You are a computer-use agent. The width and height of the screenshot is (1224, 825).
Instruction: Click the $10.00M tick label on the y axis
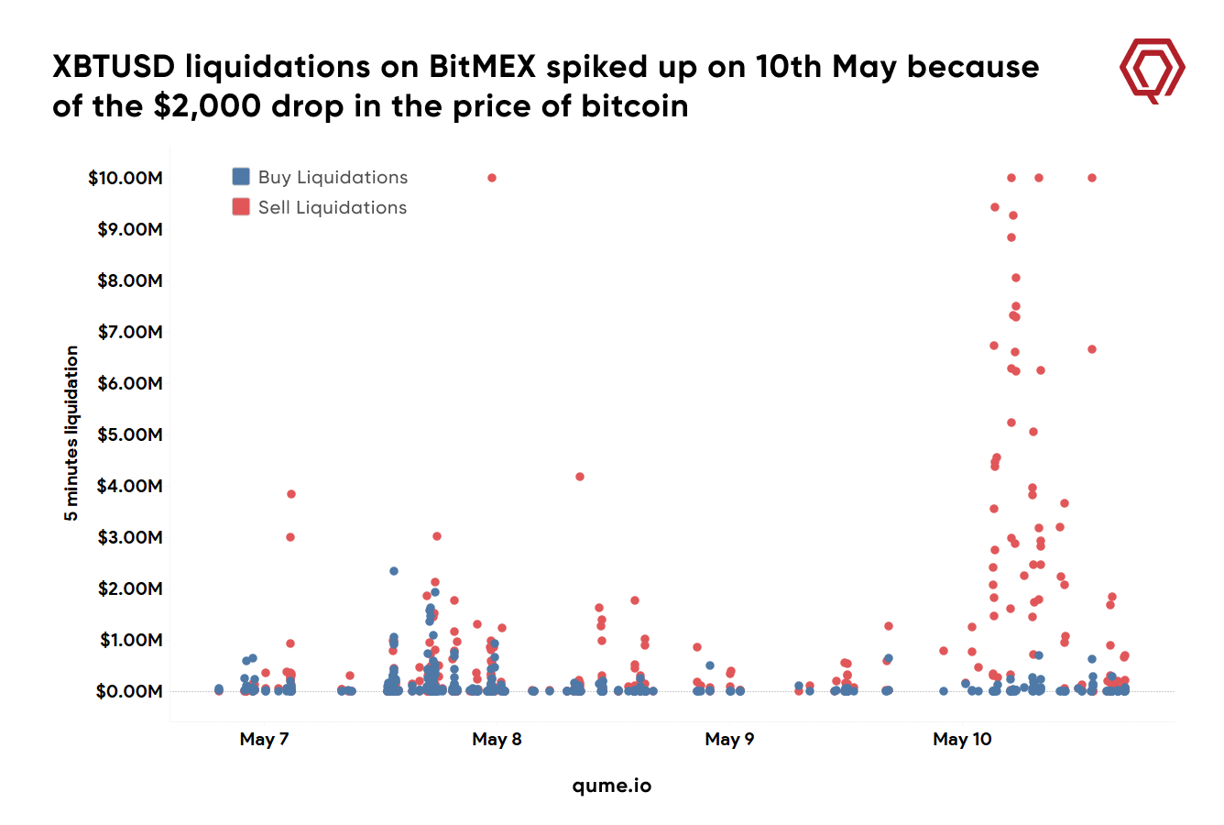(126, 178)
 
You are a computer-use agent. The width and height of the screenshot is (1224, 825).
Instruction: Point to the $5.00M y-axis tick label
(129, 434)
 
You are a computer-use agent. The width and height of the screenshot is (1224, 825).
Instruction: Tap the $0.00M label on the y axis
(129, 691)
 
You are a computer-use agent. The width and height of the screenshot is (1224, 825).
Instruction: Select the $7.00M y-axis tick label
(129, 332)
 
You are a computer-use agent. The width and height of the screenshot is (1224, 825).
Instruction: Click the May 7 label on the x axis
(264, 739)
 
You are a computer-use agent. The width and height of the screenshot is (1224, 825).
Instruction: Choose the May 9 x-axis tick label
(729, 739)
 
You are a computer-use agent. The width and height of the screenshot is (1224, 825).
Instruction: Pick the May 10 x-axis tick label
(962, 739)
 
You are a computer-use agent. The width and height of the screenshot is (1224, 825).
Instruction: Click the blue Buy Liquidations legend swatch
(241, 177)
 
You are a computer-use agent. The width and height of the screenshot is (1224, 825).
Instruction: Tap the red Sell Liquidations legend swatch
(241, 207)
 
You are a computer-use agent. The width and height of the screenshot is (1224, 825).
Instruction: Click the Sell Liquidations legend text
(333, 207)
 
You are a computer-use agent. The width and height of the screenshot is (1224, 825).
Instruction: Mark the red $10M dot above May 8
(492, 178)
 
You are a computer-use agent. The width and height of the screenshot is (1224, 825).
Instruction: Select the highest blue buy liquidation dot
(394, 571)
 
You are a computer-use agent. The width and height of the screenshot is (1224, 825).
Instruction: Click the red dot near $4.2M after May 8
(580, 477)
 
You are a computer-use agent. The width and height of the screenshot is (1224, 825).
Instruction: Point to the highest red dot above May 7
(291, 494)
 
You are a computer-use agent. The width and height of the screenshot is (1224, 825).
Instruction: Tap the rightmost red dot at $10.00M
(1092, 178)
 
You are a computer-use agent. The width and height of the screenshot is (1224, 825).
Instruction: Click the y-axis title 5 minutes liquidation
(71, 434)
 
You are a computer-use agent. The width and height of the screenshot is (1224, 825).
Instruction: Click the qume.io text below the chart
(612, 786)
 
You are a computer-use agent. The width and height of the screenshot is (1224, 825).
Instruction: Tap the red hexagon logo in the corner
(1153, 70)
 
